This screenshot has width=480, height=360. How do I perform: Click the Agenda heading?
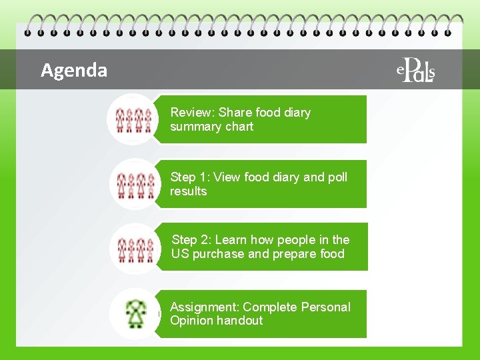click(x=73, y=70)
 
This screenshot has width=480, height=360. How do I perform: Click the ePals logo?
click(x=417, y=69)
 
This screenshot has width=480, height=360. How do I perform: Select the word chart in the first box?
click(x=239, y=127)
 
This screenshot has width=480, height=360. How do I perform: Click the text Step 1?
click(x=189, y=177)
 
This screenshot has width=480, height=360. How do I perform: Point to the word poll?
click(x=337, y=177)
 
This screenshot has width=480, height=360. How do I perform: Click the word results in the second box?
click(x=188, y=191)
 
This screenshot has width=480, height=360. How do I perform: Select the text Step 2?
click(x=191, y=240)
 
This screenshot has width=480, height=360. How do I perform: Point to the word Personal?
click(x=325, y=307)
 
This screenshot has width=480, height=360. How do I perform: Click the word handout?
click(x=240, y=321)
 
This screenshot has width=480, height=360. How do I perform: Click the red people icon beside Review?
click(x=133, y=119)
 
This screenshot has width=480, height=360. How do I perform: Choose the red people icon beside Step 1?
click(x=133, y=184)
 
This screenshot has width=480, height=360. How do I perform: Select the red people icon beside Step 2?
click(x=133, y=248)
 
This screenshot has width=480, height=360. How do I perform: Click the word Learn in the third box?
click(x=231, y=240)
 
